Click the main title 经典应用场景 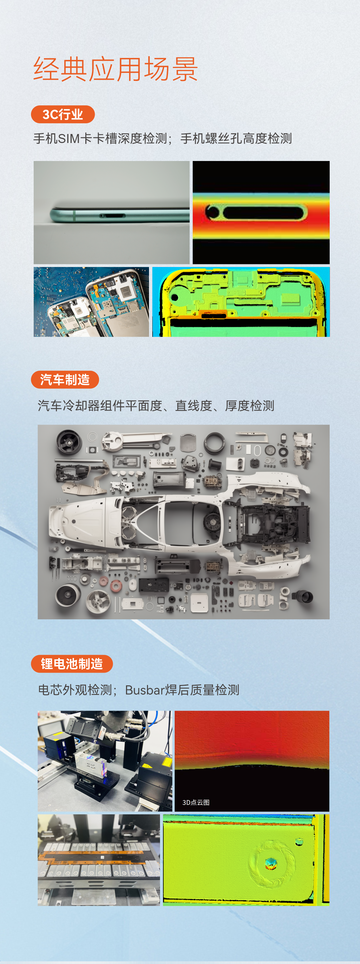click(115, 69)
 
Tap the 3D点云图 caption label click(196, 802)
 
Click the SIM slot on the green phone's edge click(112, 216)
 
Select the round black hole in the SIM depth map click(213, 213)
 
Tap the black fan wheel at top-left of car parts click(69, 442)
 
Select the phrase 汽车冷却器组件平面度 click(100, 406)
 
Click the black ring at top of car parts click(214, 441)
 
